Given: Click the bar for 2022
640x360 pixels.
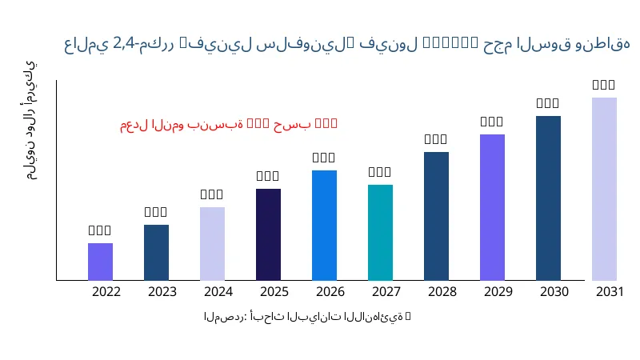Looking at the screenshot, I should (100, 262).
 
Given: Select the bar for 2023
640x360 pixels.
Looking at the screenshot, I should (156, 252).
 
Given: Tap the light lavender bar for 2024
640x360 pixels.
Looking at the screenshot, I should (212, 243).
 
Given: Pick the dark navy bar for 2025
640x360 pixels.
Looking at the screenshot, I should (268, 234).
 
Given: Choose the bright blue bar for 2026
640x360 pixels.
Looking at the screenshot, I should (324, 225).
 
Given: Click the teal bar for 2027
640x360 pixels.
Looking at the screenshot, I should (380, 232).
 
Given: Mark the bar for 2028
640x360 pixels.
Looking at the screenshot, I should (436, 216).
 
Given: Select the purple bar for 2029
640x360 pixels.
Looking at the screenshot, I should (492, 207).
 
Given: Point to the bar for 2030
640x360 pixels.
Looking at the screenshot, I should (548, 198).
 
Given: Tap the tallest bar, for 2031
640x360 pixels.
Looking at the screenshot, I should (604, 189).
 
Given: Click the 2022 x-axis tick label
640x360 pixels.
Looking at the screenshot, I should (106, 291).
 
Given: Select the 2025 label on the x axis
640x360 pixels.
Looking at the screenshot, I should (274, 291).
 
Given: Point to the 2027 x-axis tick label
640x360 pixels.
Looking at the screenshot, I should (386, 291).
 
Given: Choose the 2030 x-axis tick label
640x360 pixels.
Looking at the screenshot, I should (554, 291).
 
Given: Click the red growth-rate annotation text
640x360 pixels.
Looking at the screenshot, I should (229, 124).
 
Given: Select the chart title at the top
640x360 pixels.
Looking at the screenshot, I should (347, 45).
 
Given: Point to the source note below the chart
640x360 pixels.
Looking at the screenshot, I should (307, 317).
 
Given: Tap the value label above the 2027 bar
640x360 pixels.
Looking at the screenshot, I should (380, 172).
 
